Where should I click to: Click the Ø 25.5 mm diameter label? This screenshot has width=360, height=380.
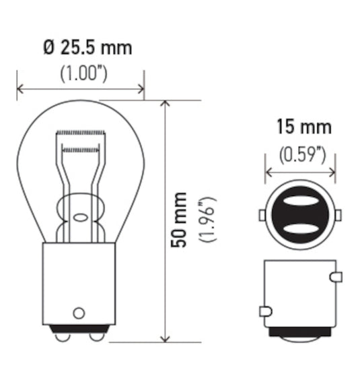87,48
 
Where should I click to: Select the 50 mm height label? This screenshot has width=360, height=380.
179,220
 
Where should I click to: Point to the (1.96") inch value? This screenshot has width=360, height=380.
206,220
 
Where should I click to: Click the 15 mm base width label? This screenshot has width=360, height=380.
303,127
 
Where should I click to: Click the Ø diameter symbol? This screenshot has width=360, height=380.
48,48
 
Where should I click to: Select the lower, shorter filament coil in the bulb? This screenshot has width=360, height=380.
81,146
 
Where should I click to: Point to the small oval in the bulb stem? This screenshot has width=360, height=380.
79,218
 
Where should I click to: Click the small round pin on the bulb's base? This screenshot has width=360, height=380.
79,313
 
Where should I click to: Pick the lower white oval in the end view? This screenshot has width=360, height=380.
299,230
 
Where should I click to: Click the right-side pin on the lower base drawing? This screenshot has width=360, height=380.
335,276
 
